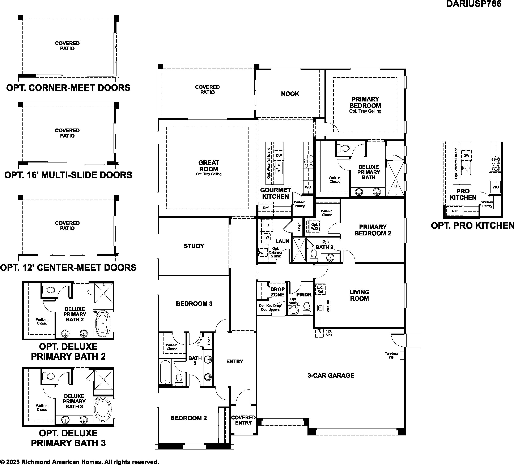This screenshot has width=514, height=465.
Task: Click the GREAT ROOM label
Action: click(209, 166)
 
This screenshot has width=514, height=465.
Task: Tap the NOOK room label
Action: click(290, 94)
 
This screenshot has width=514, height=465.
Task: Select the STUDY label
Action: click(194, 246)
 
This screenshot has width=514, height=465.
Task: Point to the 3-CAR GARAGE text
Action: click(331, 375)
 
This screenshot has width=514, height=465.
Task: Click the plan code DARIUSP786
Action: click(474, 4)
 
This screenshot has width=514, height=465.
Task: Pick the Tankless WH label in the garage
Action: click(392, 355)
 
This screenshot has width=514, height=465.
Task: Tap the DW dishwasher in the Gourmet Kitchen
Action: click(279, 156)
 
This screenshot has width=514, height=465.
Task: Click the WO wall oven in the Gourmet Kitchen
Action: click(308, 187)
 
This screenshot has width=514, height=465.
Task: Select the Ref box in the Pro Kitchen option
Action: click(455, 211)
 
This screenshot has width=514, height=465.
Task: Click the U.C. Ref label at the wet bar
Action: click(320, 289)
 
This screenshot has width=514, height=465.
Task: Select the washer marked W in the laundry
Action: click(267, 237)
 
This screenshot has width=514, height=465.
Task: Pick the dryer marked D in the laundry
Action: click(268, 225)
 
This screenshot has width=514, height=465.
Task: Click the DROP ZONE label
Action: click(277, 292)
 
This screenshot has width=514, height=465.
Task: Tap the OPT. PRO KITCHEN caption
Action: click(472, 225)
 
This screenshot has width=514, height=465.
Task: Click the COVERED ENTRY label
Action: click(243, 420)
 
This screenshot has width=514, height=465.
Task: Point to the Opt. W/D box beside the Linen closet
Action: click(315, 226)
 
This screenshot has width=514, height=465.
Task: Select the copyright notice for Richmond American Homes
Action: click(79, 462)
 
